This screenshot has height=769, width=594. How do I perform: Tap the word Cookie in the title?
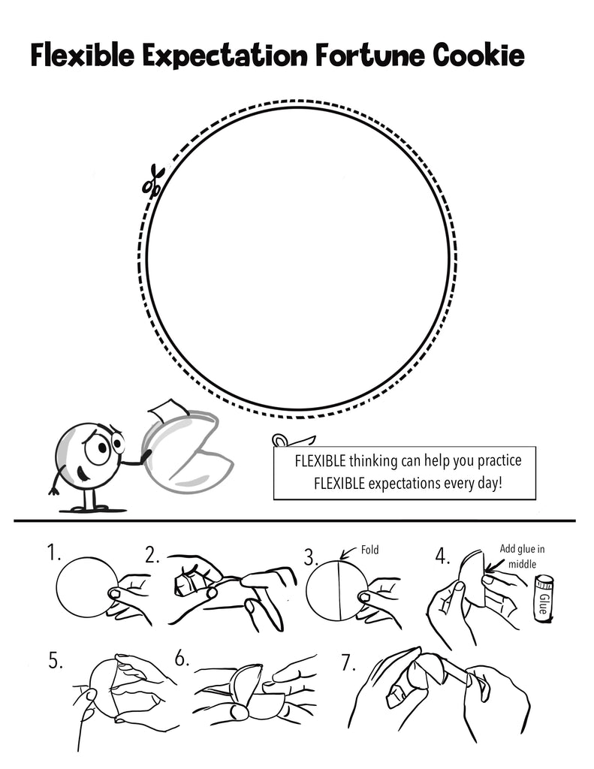479,55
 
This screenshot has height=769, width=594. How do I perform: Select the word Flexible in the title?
83,55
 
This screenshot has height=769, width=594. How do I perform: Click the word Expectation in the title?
225,56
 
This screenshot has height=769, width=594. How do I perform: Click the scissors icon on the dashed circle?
153,181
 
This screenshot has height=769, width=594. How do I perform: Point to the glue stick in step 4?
544,599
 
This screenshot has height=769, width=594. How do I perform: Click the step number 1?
53,552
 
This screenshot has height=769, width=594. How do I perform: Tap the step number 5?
56,660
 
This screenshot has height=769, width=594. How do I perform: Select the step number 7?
348,663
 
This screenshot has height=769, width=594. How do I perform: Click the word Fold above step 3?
369,550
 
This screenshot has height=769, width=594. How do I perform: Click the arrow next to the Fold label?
348,553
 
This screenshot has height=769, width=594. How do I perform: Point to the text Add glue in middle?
522,556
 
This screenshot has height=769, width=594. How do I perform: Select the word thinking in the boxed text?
372,461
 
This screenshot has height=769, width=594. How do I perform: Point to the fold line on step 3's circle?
339,590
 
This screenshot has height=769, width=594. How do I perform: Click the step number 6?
182,659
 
